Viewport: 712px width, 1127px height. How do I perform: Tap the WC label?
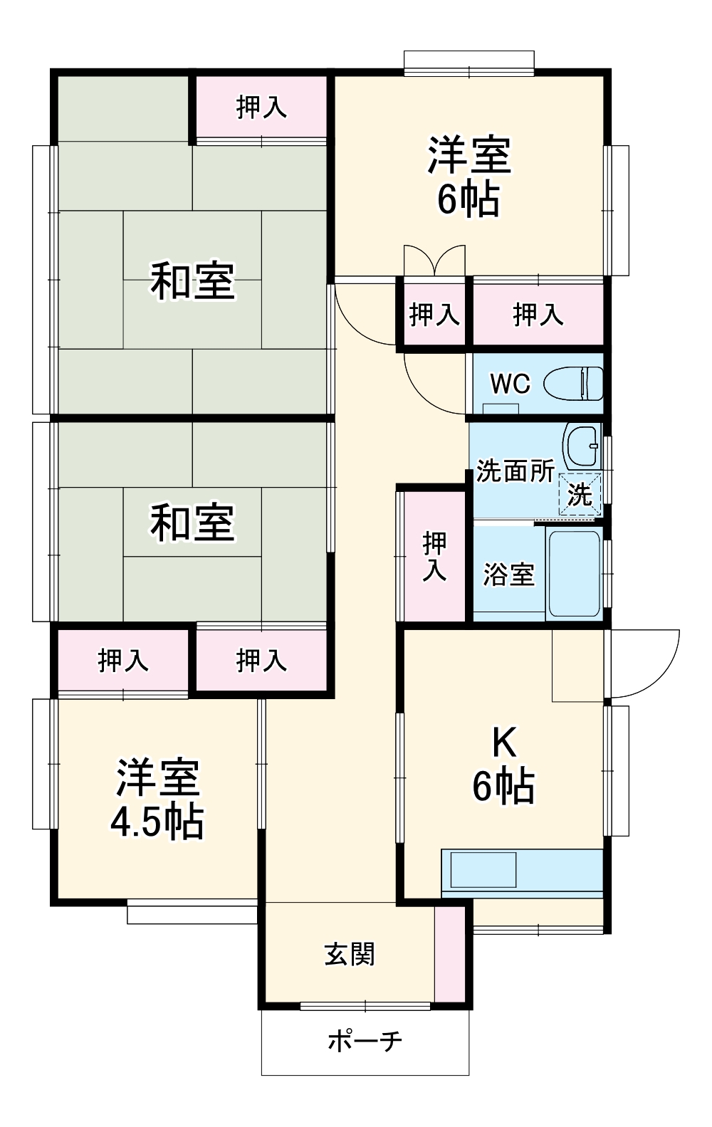pyautogui.click(x=510, y=384)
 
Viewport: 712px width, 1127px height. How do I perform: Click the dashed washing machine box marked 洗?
pyautogui.click(x=580, y=493)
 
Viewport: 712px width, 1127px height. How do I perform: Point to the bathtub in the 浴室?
pyautogui.click(x=574, y=573)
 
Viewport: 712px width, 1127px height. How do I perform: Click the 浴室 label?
pyautogui.click(x=508, y=575)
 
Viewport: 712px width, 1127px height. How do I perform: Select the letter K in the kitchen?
pyautogui.click(x=504, y=743)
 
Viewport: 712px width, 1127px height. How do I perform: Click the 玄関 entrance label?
pyautogui.click(x=349, y=954)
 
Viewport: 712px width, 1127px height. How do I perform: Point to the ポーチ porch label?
pyautogui.click(x=365, y=1041)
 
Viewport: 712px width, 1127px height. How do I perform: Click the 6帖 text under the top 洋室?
pyautogui.click(x=468, y=199)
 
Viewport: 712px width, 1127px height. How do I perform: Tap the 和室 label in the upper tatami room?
pyautogui.click(x=192, y=281)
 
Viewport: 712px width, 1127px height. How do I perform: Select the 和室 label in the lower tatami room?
pyautogui.click(x=192, y=523)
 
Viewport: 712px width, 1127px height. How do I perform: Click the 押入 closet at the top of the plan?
pyautogui.click(x=261, y=108)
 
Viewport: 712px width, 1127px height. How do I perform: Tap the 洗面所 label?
pyautogui.click(x=515, y=471)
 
